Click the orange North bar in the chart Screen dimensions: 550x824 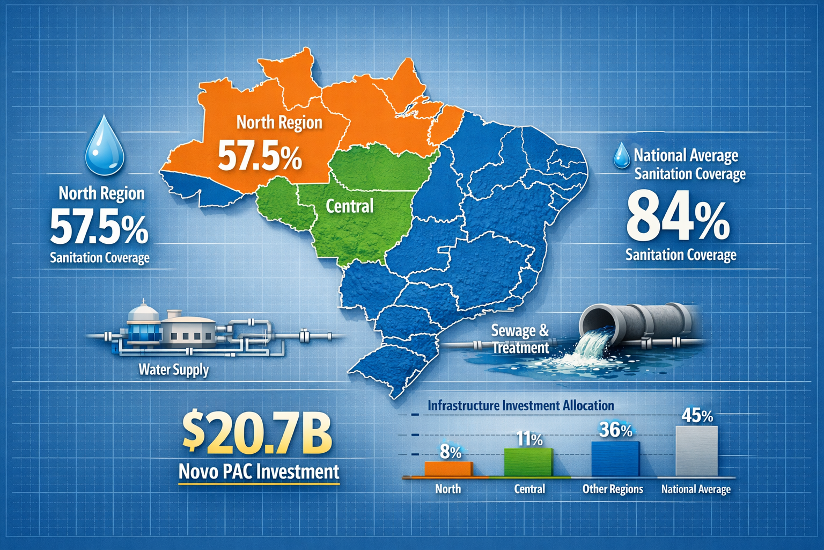tap(448, 469)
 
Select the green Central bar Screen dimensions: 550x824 tap(528, 462)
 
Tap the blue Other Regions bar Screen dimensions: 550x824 tap(615, 459)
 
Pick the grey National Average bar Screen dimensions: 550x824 tap(696, 451)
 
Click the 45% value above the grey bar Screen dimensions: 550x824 tap(697, 416)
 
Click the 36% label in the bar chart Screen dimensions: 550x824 tap(615, 430)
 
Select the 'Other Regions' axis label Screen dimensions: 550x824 tap(613, 489)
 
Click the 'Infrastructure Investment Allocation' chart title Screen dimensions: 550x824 tap(520, 406)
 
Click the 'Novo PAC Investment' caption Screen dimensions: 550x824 tap(259, 472)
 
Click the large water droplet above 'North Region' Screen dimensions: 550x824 tap(105, 146)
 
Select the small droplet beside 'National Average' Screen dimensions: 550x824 tap(622, 155)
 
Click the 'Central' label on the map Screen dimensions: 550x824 tap(349, 206)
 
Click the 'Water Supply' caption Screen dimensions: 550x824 tap(173, 370)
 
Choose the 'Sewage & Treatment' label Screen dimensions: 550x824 tap(520, 339)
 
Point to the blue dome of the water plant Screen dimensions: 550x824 tap(143, 312)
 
